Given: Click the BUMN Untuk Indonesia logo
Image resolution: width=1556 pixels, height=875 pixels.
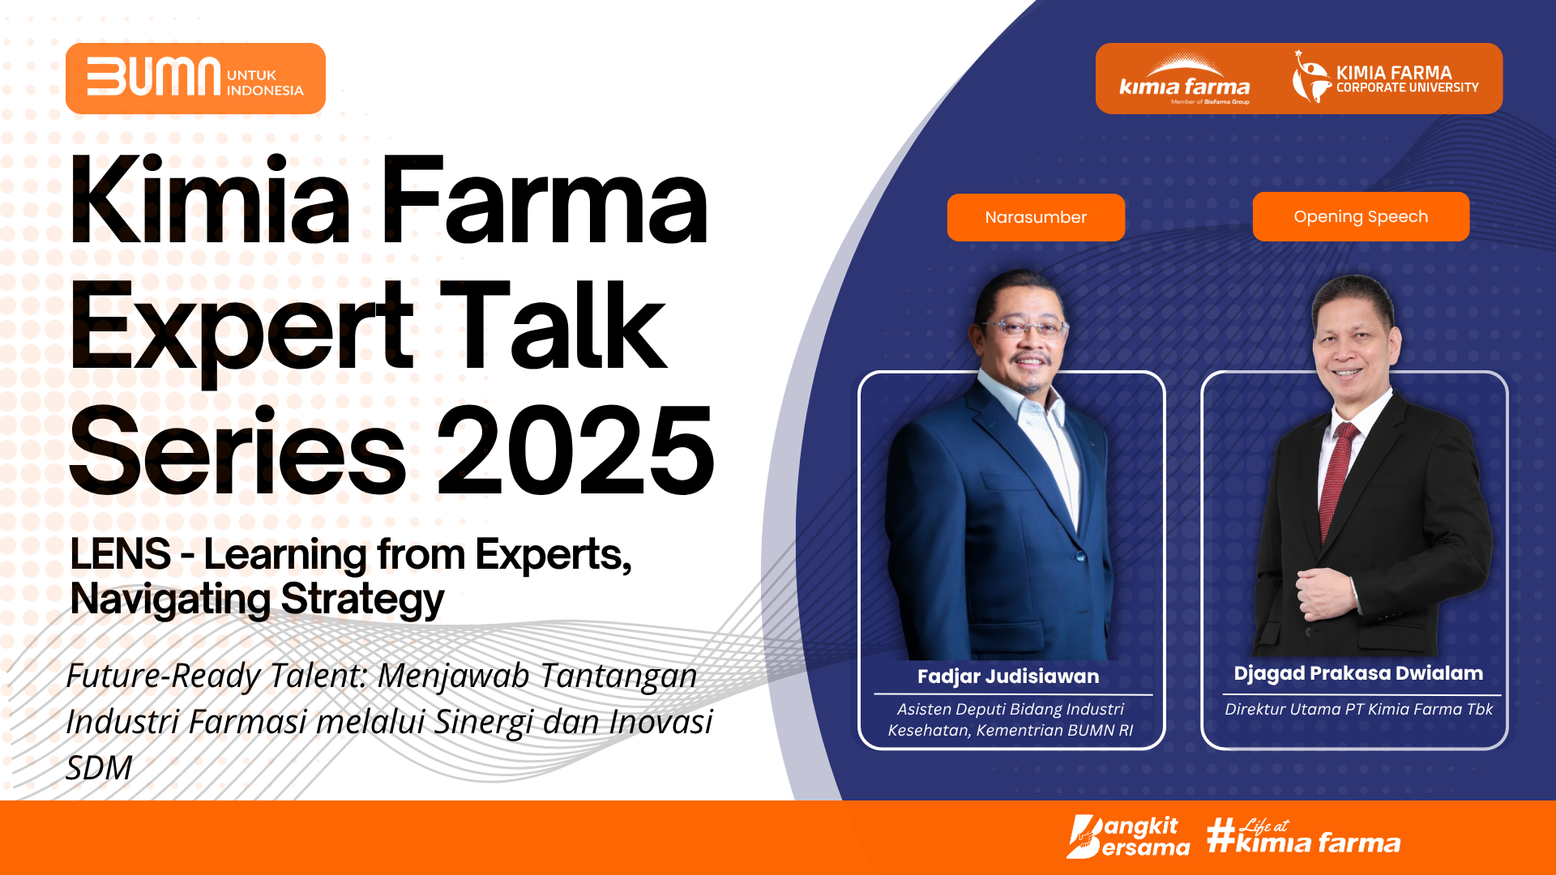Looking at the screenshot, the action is click(x=195, y=78).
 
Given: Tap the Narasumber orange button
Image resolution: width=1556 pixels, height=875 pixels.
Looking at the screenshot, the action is click(x=1036, y=217).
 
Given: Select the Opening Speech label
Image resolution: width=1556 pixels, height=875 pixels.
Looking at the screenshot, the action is click(x=1361, y=216).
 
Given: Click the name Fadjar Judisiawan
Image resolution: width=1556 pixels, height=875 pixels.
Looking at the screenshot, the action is click(x=1008, y=677).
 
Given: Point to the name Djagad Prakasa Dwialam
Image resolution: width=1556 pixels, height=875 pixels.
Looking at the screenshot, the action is click(x=1358, y=673).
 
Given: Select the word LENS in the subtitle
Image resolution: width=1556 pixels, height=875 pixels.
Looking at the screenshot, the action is click(x=120, y=554).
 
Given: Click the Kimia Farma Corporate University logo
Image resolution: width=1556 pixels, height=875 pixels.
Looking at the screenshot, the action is click(x=1385, y=78).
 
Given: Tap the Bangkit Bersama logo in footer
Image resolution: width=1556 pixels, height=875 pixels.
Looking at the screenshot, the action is click(x=1127, y=837).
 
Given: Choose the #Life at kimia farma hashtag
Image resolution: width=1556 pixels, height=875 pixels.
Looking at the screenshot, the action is click(x=1303, y=836).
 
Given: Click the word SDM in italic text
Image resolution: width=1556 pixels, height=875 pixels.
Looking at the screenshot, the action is click(x=99, y=767).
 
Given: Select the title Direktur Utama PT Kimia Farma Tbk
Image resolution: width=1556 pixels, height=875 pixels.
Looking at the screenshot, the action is click(x=1358, y=709).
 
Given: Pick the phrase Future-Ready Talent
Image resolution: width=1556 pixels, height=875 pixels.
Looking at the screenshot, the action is click(x=216, y=676).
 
